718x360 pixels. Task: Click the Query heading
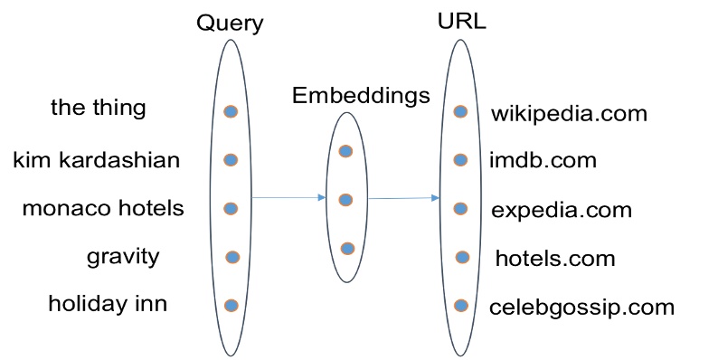(230, 23)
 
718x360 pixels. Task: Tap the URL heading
(460, 21)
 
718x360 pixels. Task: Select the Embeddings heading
(361, 95)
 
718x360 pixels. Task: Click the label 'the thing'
(98, 109)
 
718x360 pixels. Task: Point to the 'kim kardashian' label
(97, 160)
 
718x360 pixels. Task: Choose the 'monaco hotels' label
(103, 208)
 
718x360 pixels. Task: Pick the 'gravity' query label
(123, 256)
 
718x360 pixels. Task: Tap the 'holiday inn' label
(108, 304)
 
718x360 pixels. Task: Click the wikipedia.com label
(569, 114)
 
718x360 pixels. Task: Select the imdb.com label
(543, 161)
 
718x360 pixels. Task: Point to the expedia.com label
(562, 211)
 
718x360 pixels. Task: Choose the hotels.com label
(554, 259)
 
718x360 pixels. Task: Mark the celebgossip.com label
(581, 307)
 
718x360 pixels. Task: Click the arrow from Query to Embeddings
(288, 197)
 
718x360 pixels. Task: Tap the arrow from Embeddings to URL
(403, 198)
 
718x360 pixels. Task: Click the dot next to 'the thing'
(231, 111)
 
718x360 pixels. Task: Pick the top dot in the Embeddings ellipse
(345, 151)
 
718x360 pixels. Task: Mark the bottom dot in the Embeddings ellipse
(347, 248)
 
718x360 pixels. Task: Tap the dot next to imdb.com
(461, 160)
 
